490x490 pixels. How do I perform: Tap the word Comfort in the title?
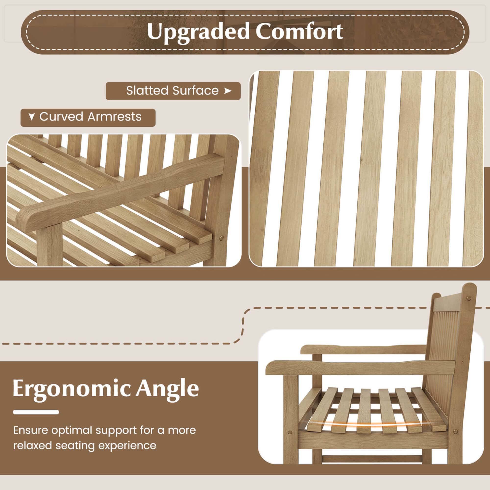[299, 31]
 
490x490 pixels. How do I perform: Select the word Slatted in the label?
[146, 91]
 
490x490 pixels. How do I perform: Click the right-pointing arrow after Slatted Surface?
[228, 91]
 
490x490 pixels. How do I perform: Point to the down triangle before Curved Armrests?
[31, 117]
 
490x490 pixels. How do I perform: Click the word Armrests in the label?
[114, 117]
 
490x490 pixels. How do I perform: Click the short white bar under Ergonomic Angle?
[36, 412]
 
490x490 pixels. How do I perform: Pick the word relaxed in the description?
[33, 446]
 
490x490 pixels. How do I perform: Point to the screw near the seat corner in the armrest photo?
[221, 238]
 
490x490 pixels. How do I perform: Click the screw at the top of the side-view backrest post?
[469, 298]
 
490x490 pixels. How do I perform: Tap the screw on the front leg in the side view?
[290, 431]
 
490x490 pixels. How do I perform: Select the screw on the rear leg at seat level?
[456, 431]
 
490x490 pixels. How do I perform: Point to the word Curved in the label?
[61, 117]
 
